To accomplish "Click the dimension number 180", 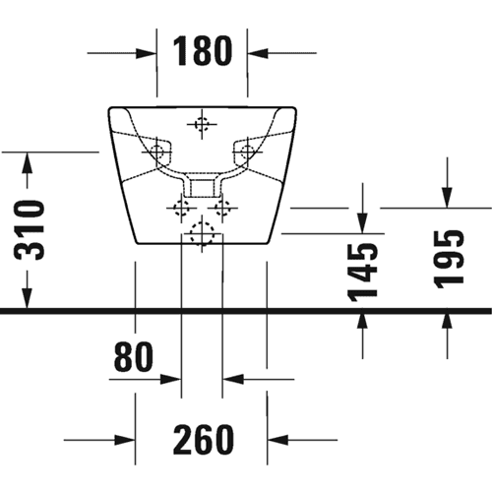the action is (203, 51).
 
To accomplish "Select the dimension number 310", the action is (30, 230).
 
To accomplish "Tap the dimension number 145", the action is (363, 273).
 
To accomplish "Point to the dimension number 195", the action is (449, 260).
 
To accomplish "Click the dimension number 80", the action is (134, 356).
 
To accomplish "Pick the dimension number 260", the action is (204, 440).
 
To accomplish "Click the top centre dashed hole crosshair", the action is (202, 124).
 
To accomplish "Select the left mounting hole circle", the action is (157, 152).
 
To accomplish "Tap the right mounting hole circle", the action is (247, 152).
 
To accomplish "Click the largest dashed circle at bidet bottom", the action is (202, 233).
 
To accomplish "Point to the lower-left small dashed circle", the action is (181, 208).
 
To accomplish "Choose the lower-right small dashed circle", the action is (222, 208).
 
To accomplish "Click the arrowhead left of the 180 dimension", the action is (146, 53).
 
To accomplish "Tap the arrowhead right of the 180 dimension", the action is (258, 53).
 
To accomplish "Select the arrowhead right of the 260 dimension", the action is (277, 440).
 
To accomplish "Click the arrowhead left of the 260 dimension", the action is (125, 440).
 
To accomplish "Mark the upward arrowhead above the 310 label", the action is (28, 162).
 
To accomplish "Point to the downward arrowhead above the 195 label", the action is (447, 198).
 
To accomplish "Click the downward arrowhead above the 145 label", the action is (362, 223).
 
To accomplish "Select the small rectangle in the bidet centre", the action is (202, 187).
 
